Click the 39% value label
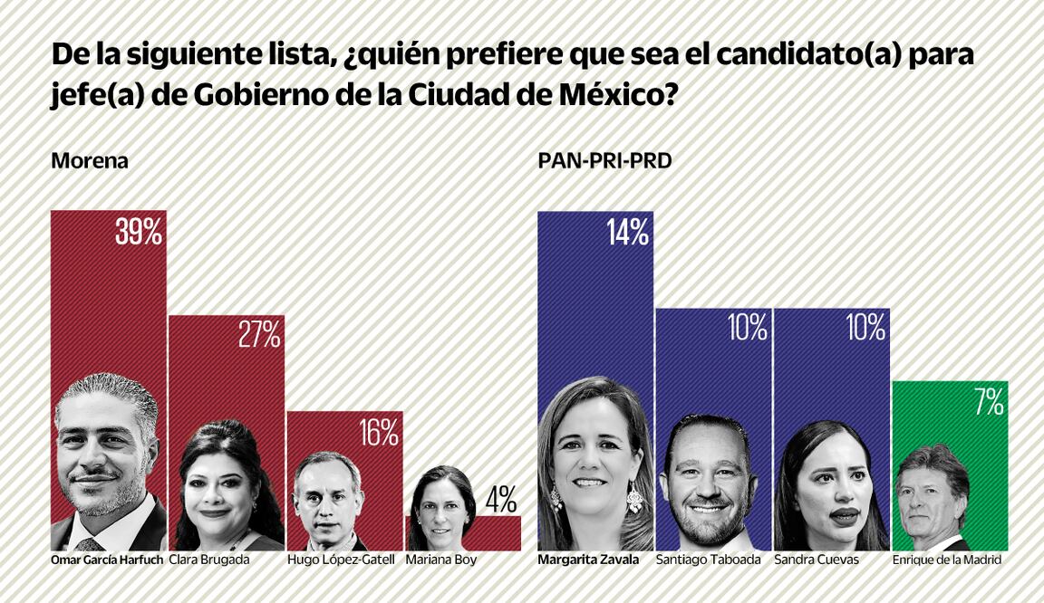139,232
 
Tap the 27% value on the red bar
258,336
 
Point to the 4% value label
500,498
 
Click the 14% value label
627,233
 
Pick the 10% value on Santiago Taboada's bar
747,329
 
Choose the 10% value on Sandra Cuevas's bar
865,329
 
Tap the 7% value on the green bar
988,402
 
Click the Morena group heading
90,161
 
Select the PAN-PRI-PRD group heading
604,161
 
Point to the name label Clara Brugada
209,560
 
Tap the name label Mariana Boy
440,560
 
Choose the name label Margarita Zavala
588,560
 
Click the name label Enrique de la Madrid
946,560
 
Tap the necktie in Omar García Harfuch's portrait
89,544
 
